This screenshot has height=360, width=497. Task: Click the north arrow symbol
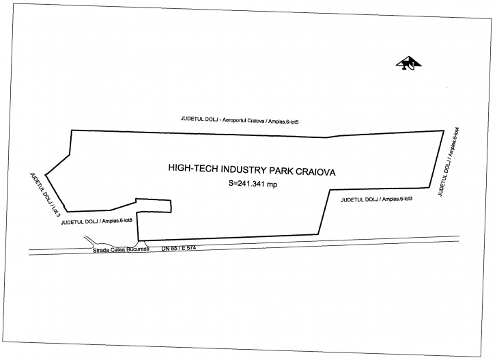tap(409, 63)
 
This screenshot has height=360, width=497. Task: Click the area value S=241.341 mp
tap(253, 184)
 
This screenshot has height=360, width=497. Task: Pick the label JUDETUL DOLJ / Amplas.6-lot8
tap(96, 220)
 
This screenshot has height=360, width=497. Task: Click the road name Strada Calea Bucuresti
tap(120, 251)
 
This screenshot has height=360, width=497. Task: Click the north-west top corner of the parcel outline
tap(72, 129)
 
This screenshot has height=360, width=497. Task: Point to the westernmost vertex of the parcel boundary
tap(45, 174)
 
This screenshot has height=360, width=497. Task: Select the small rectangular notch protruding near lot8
tap(154, 204)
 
